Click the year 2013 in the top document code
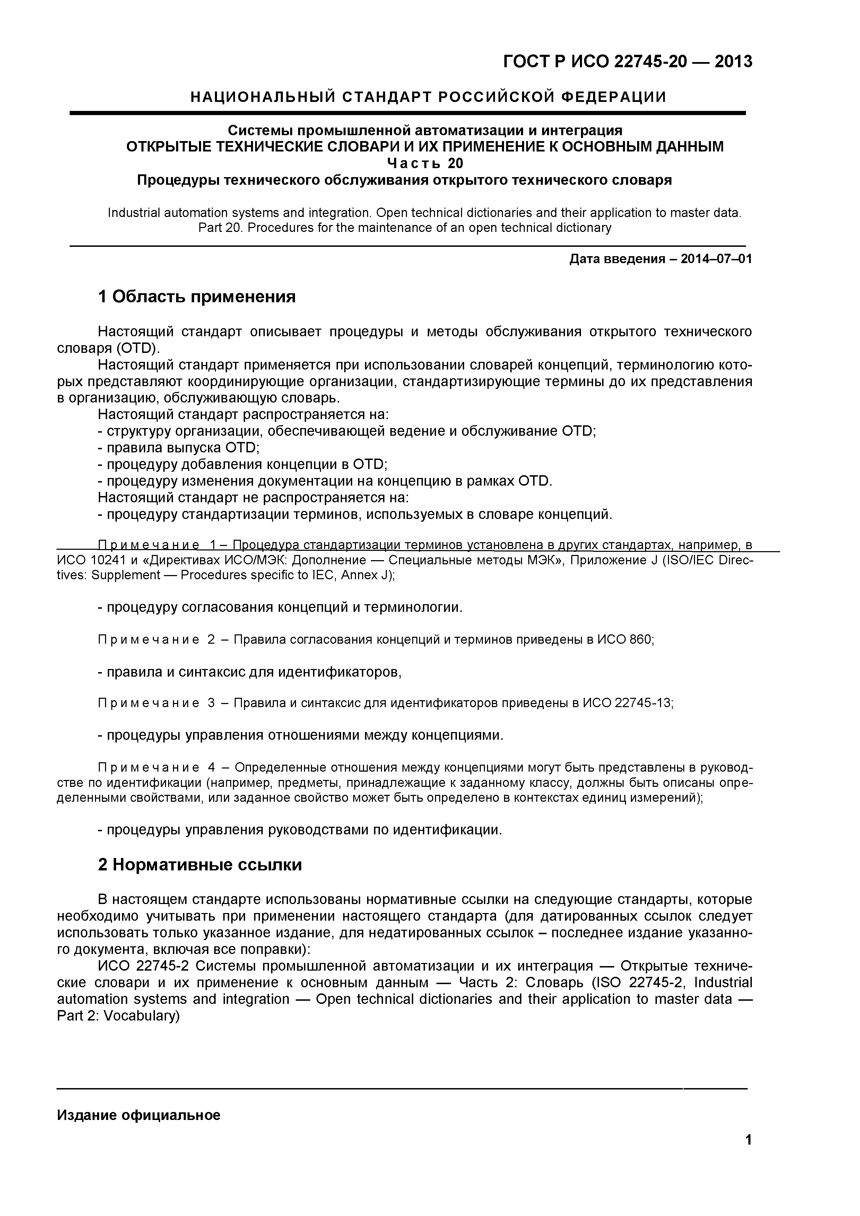[733, 62]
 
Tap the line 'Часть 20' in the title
[425, 163]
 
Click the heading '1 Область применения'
[197, 297]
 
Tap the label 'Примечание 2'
[156, 640]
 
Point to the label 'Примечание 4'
[156, 768]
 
